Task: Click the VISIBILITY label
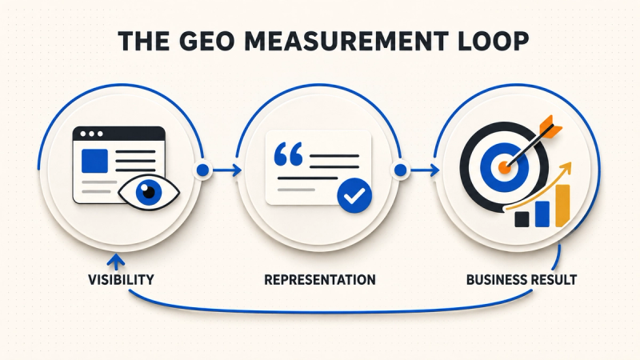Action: (122, 279)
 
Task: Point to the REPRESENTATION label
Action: (320, 279)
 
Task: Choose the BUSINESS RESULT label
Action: (522, 279)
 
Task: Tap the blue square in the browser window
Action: (94, 161)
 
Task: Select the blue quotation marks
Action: (289, 154)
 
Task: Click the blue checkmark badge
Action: (354, 195)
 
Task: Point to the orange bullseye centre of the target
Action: (505, 166)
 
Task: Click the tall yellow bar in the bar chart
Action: (562, 206)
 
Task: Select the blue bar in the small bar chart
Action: (542, 214)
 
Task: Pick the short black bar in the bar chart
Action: (522, 219)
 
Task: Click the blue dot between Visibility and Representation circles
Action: (203, 170)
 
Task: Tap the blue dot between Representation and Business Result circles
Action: (401, 170)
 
